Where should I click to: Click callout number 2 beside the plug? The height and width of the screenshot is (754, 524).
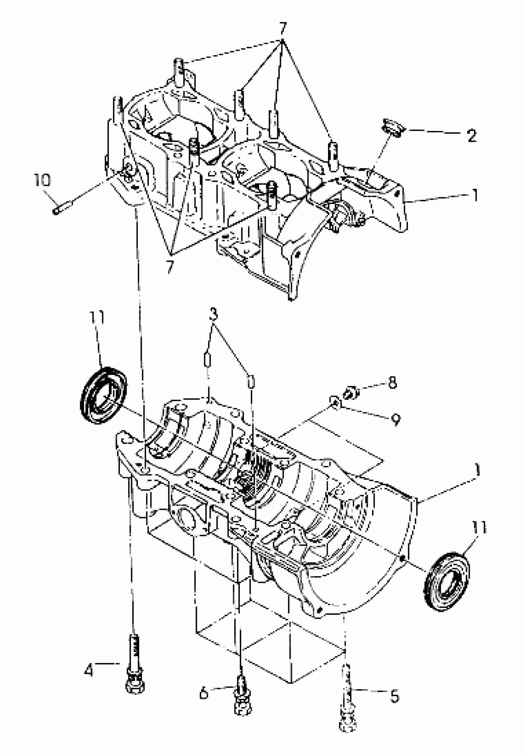[x=472, y=135]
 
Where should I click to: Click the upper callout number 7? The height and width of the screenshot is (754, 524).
[x=283, y=29]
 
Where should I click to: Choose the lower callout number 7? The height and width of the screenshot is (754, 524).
[x=170, y=267]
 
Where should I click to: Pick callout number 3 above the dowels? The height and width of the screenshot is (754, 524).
[x=213, y=314]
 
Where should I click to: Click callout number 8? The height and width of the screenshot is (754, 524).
[x=392, y=383]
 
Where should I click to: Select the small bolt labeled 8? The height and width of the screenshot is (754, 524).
[x=351, y=393]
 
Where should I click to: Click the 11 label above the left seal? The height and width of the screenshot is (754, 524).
[x=97, y=318]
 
